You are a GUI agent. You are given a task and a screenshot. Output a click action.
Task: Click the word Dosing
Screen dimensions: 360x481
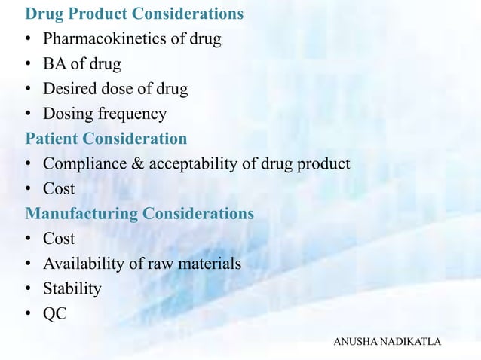[66, 114]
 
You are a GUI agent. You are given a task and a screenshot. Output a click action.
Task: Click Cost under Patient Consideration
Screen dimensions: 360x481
[59, 189]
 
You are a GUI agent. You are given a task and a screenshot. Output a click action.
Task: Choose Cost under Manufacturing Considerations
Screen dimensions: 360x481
[59, 239]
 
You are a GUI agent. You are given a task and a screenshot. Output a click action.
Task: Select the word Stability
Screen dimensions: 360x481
[72, 288]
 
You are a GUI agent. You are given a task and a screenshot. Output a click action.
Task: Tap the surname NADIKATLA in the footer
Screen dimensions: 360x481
[412, 343]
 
